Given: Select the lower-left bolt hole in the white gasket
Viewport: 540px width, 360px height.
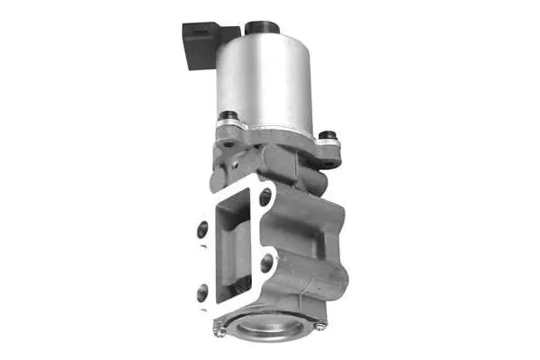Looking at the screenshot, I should pyautogui.click(x=202, y=291).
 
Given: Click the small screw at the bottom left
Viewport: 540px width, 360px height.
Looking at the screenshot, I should pyautogui.click(x=220, y=330).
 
